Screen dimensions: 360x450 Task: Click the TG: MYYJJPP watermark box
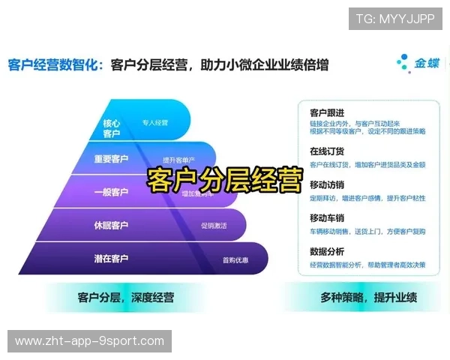(395, 19)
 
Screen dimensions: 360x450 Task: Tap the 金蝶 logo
(415, 64)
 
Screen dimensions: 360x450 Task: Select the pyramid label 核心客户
(111, 128)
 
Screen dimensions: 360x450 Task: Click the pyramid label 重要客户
(111, 159)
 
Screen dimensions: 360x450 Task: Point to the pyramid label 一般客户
(111, 192)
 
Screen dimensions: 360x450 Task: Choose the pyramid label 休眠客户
(111, 225)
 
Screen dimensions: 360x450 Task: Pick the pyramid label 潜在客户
(111, 259)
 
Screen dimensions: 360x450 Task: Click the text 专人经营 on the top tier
(154, 121)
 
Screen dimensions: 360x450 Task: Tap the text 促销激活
(213, 225)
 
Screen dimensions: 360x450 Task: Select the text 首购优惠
(235, 260)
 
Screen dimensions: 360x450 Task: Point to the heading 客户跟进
(327, 112)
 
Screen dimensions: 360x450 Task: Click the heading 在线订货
(327, 151)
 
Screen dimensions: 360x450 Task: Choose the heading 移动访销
(327, 184)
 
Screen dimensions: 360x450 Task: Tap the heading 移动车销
(327, 217)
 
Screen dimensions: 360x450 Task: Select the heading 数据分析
(327, 251)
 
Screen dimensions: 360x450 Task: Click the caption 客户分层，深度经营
(125, 298)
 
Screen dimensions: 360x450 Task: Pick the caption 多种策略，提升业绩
(369, 298)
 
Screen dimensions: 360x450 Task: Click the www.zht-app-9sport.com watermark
(89, 341)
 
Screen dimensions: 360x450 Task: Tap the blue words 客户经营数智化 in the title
(54, 65)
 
